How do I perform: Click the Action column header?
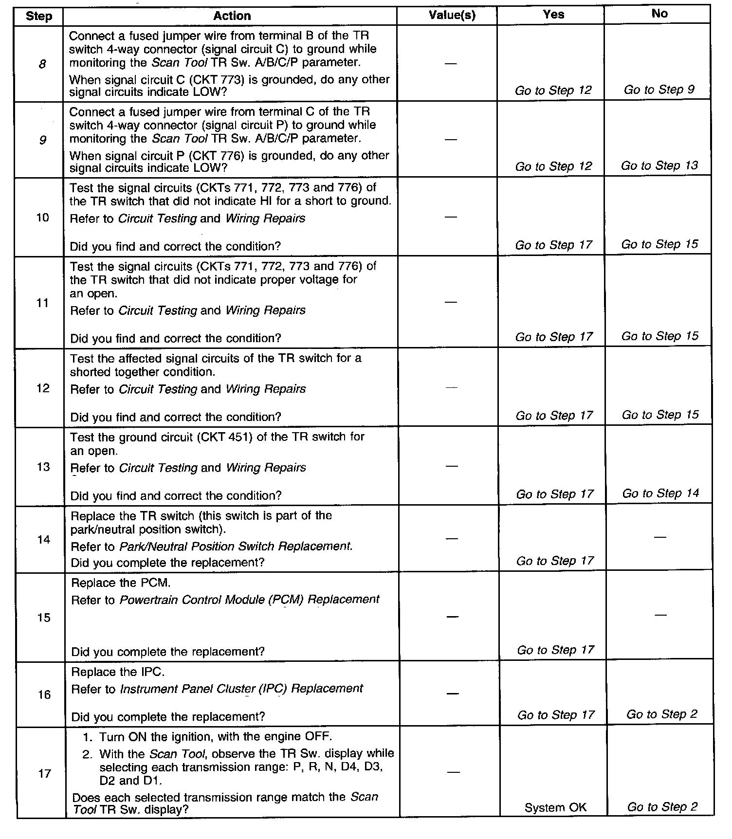[x=232, y=16]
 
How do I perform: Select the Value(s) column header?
[x=452, y=15]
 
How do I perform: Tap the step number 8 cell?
[x=42, y=63]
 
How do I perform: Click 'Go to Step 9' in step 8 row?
[x=659, y=90]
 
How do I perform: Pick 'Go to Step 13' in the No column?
[x=659, y=165]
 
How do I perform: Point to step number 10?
[x=43, y=218]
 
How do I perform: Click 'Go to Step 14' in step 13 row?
[x=660, y=493]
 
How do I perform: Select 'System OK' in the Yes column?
[x=555, y=808]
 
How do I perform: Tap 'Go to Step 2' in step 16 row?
[x=661, y=714]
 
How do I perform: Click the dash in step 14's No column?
[x=660, y=537]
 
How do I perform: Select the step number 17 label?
[x=44, y=773]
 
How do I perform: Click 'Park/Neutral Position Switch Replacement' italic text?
[x=235, y=547]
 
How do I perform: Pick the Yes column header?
[x=553, y=15]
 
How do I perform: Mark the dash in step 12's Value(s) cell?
[x=452, y=388]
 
